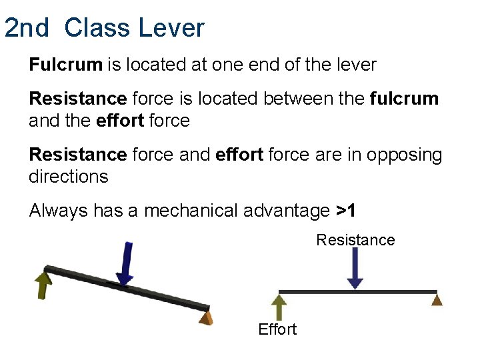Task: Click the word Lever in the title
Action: pyautogui.click(x=171, y=28)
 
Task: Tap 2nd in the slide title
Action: pyautogui.click(x=27, y=28)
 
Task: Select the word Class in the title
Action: pyautogui.click(x=98, y=28)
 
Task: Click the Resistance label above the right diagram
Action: pyautogui.click(x=355, y=239)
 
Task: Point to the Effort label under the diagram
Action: pyautogui.click(x=277, y=329)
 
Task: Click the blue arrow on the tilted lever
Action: pyautogui.click(x=125, y=264)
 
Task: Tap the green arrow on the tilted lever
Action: pyautogui.click(x=43, y=283)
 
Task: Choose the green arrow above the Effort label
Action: pyautogui.click(x=279, y=307)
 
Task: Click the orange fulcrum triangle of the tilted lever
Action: pyautogui.click(x=207, y=317)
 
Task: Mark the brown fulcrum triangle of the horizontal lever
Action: pyautogui.click(x=437, y=300)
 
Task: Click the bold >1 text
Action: pyautogui.click(x=345, y=211)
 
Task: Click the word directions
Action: pyautogui.click(x=69, y=177)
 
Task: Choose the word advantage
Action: pyautogui.click(x=289, y=211)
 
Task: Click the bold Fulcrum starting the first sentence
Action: pyautogui.click(x=65, y=65)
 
